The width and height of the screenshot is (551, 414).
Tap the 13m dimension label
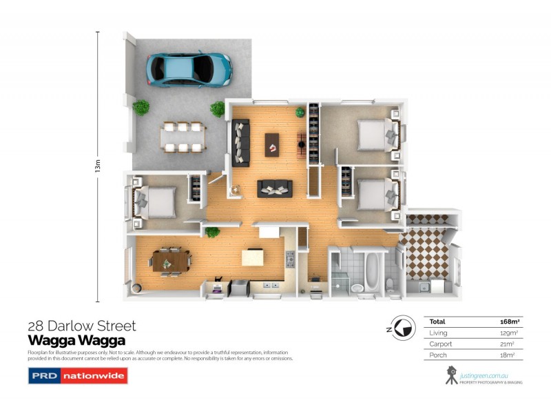click(x=98, y=166)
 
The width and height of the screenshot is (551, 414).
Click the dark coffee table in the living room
click(x=273, y=143)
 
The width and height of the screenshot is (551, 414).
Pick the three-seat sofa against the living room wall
click(x=240, y=143)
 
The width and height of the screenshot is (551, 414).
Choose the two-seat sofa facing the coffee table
click(x=274, y=188)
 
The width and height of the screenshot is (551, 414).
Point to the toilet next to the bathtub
click(x=390, y=283)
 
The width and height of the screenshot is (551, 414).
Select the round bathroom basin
click(x=357, y=287)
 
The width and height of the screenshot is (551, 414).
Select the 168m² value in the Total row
click(x=509, y=322)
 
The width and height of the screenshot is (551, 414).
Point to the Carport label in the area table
click(x=441, y=344)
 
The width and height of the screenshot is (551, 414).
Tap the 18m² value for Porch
click(x=511, y=355)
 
